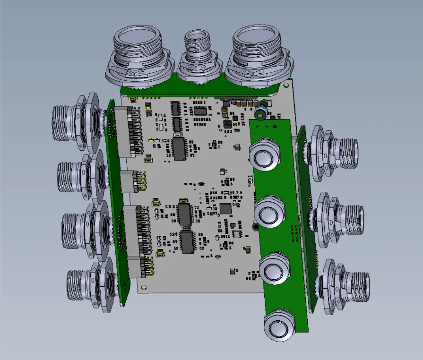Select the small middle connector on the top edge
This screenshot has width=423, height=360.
(198, 52)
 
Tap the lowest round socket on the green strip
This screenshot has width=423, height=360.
(279, 325)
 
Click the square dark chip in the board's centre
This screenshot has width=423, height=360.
(226, 208)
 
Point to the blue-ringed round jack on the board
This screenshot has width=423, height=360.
(259, 113)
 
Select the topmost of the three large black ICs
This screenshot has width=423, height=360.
(180, 149)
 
